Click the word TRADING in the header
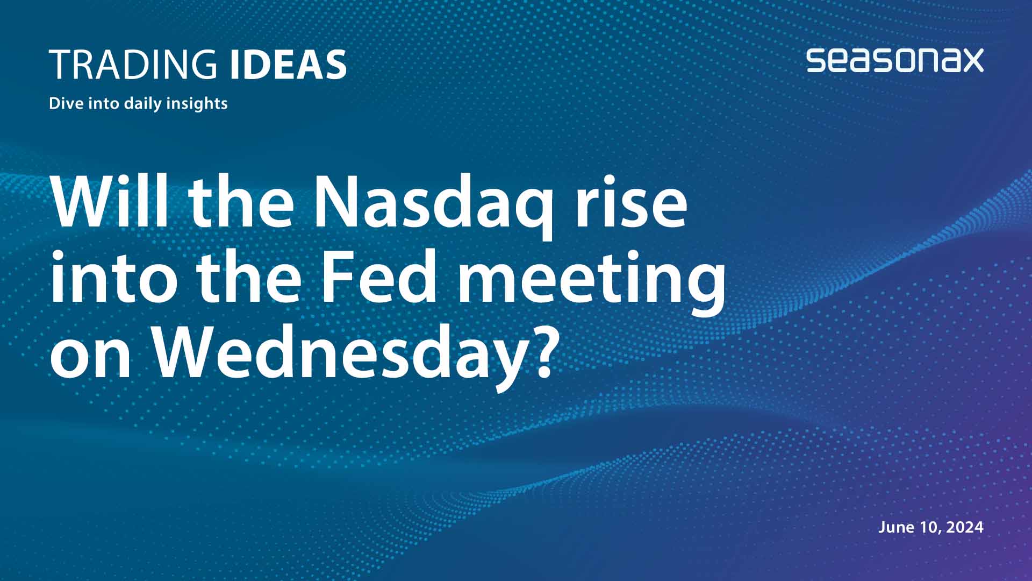[133, 65]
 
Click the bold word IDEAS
[288, 65]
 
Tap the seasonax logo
[894, 60]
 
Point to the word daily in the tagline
[142, 103]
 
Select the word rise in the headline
[630, 203]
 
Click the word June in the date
[897, 527]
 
